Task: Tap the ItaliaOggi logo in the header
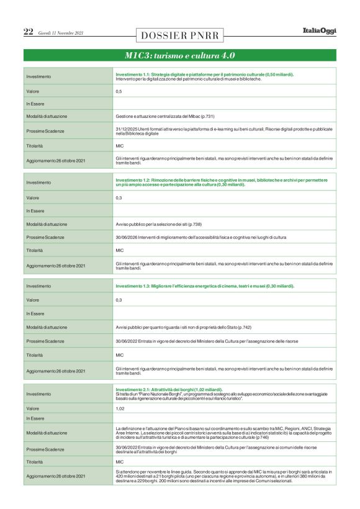click(x=319, y=31)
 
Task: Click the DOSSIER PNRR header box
click(x=179, y=35)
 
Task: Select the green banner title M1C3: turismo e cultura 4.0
click(x=179, y=55)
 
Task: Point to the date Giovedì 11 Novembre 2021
click(x=61, y=33)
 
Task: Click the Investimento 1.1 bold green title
click(x=205, y=74)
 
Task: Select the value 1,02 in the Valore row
click(x=120, y=408)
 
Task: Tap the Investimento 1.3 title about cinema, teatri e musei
click(x=205, y=286)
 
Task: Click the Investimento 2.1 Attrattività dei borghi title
click(x=169, y=389)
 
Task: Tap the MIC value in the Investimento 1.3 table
click(x=120, y=355)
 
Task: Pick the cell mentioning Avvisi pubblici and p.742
click(x=183, y=327)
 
